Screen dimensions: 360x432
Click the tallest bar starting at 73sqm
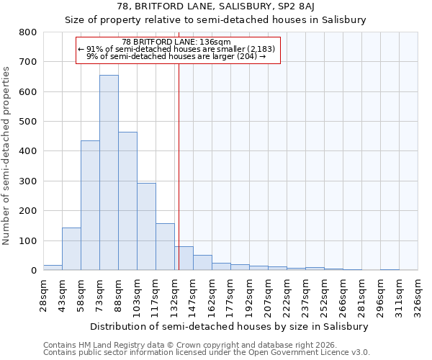[x=109, y=173]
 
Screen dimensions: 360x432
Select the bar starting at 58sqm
[x=90, y=205]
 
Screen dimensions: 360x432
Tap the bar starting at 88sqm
[x=127, y=201]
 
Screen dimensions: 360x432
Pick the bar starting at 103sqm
[x=146, y=227]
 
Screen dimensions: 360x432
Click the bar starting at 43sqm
[x=71, y=249]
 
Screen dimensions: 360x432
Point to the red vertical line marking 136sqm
[x=179, y=166]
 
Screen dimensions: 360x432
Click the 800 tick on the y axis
[x=27, y=32]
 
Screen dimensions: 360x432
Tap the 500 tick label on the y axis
[x=27, y=122]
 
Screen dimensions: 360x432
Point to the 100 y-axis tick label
[x=27, y=240]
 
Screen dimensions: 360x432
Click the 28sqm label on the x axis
[x=43, y=294]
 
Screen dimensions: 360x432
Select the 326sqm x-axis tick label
[x=418, y=294]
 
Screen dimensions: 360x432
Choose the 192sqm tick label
[x=249, y=294]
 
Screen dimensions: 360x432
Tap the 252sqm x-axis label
[x=324, y=294]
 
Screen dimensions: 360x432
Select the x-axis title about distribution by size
[x=230, y=326]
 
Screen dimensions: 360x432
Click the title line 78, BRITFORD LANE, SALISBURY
[x=216, y=6]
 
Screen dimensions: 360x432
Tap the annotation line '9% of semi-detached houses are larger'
[x=176, y=55]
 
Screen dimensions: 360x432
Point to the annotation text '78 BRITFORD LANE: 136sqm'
[x=176, y=42]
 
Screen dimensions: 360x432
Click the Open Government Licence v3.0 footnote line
[x=207, y=353]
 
